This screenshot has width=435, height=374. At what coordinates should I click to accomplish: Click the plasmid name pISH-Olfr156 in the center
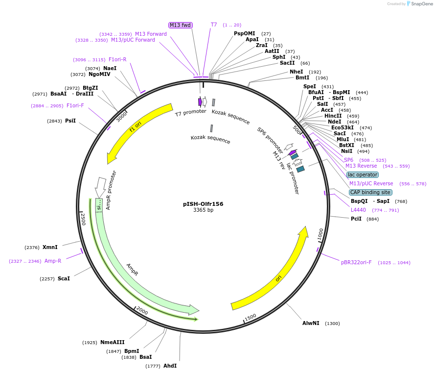(203, 203)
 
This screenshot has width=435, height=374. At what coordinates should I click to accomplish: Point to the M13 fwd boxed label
(180, 25)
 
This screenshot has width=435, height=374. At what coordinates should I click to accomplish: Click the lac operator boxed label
(363, 175)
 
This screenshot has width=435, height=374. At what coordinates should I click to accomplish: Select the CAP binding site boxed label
(370, 192)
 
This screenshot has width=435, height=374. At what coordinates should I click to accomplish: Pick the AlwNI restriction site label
(311, 323)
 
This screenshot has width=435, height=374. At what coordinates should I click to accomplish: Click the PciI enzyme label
(356, 219)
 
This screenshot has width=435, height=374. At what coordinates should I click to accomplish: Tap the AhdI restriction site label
(170, 366)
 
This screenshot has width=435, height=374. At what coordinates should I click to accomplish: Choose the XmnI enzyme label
(50, 247)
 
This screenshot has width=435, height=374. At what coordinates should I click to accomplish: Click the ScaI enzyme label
(64, 278)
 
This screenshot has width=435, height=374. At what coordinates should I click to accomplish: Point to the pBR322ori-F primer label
(356, 262)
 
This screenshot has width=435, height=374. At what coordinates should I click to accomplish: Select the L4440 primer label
(358, 210)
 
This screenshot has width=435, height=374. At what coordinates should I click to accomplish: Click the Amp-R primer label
(53, 261)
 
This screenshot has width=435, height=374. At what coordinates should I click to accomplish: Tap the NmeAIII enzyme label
(113, 342)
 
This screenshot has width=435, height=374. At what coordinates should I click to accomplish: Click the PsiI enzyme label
(70, 121)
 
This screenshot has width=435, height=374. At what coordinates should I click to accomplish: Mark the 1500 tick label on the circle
(251, 318)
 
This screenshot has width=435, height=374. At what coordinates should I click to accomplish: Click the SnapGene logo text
(422, 4)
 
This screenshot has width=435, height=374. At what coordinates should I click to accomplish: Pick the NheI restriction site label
(297, 72)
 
